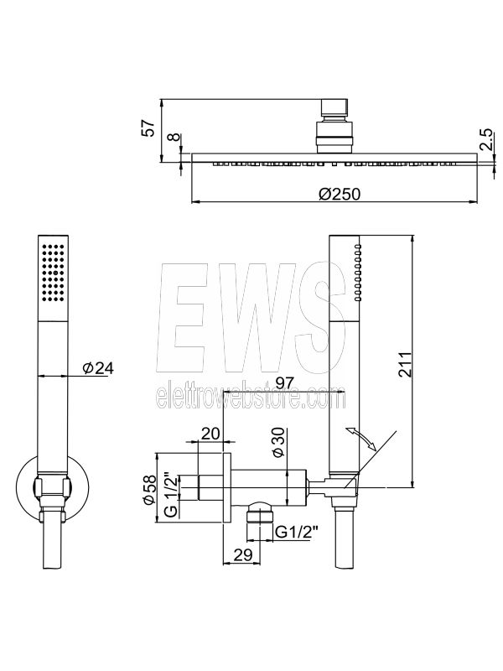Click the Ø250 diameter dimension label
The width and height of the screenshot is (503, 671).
(x=340, y=194)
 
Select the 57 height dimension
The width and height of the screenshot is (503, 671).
(x=148, y=128)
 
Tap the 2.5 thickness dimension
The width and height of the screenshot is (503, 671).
(x=487, y=140)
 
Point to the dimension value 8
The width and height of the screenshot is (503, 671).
(x=173, y=138)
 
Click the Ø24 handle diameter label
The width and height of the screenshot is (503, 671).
(x=98, y=367)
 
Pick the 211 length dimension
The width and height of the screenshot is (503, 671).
(x=404, y=364)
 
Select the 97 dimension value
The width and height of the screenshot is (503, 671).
(x=287, y=382)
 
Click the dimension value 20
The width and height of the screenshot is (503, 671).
(x=210, y=433)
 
